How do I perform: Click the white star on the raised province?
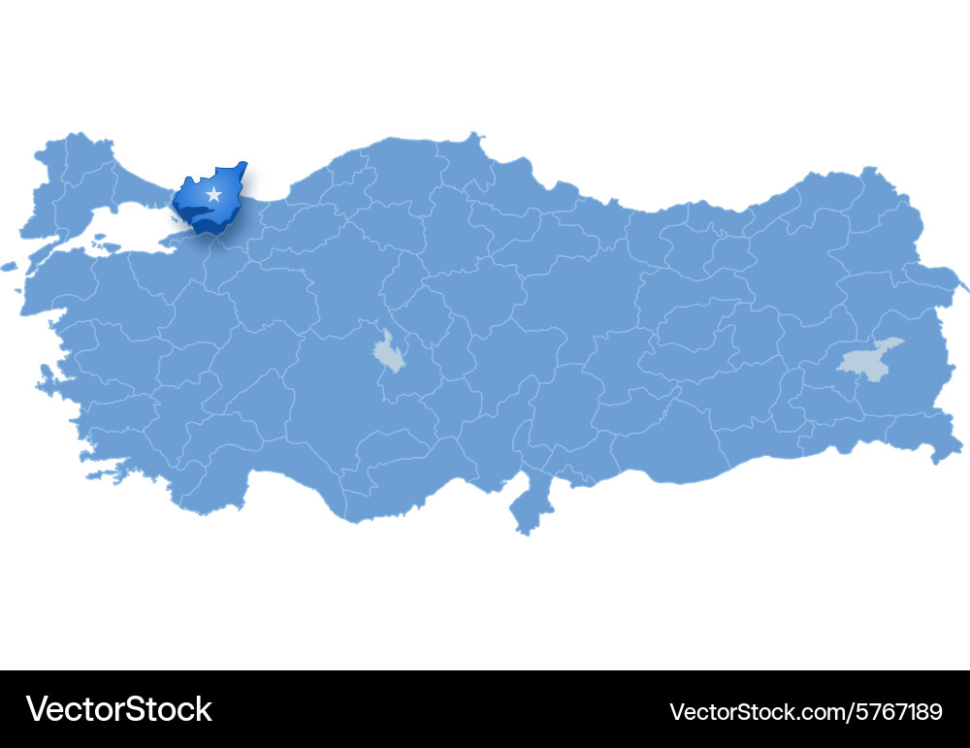[213, 195]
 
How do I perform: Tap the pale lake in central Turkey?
[390, 352]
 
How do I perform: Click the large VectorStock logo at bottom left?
[119, 709]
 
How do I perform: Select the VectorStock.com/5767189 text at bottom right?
[805, 711]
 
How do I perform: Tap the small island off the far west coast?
[9, 266]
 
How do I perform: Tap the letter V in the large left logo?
[38, 709]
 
